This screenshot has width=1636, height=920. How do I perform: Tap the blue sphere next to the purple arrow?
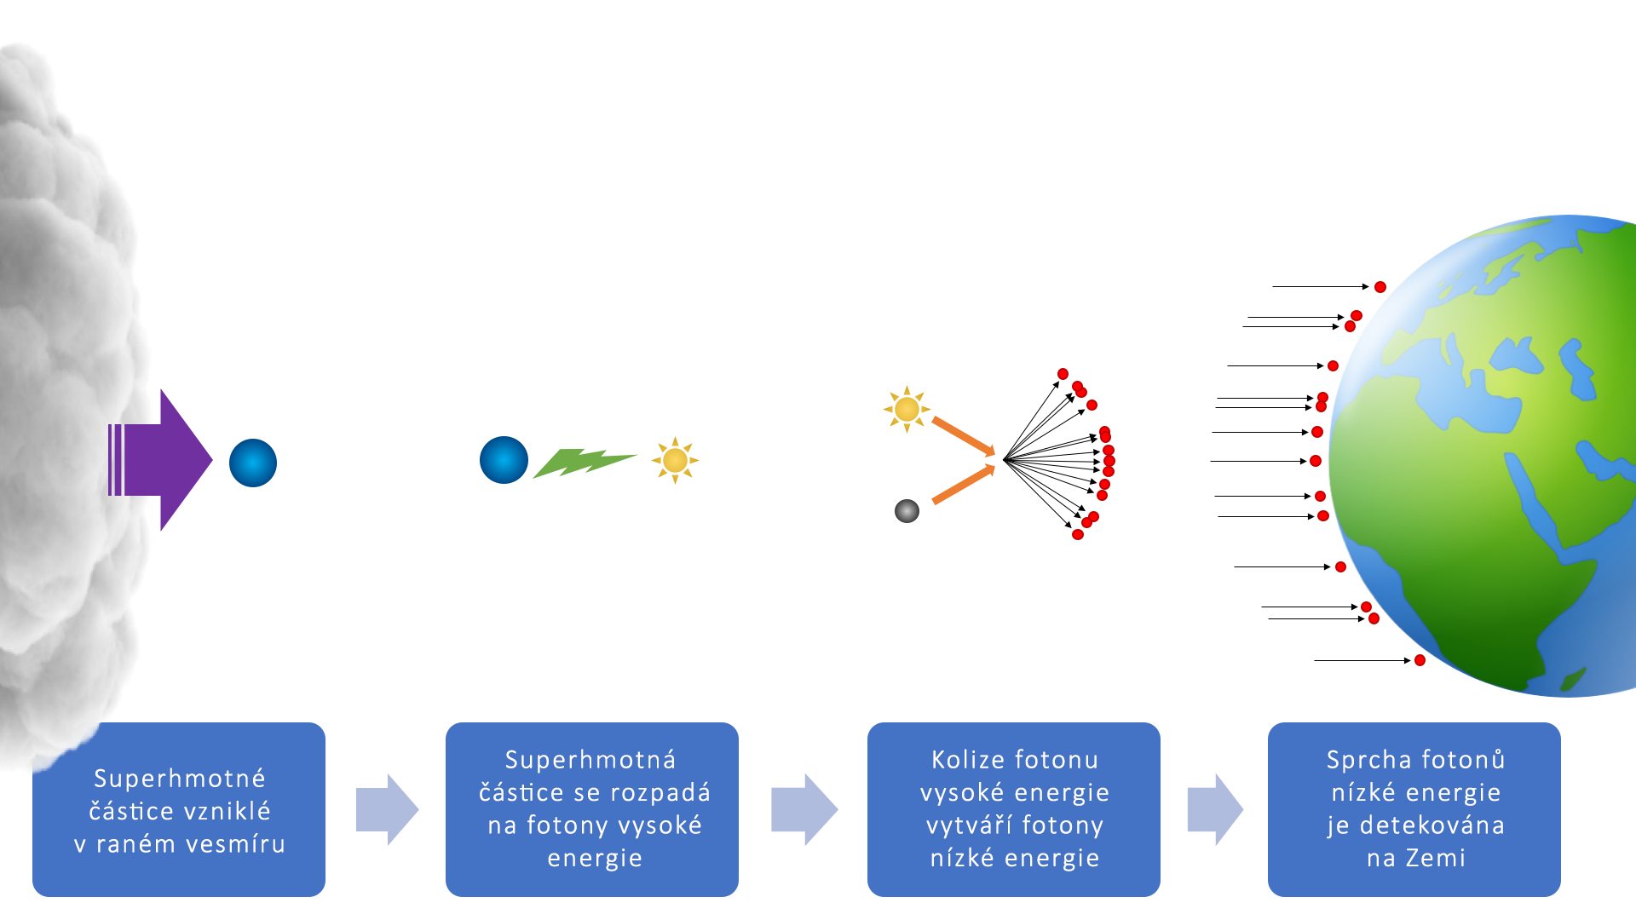[253, 463]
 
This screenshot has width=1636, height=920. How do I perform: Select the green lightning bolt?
[585, 462]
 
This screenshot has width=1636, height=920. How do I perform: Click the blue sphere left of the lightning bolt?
[504, 460]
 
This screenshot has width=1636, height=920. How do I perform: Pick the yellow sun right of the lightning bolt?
[675, 460]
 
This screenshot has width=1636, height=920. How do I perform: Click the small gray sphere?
[907, 511]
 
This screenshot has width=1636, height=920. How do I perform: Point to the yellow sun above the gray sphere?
[907, 410]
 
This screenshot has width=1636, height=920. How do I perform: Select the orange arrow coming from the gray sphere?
[964, 485]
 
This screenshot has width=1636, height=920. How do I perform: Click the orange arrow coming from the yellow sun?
[964, 436]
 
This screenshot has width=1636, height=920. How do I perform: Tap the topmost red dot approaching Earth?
[1380, 287]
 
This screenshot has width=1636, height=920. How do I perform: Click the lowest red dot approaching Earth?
[1420, 660]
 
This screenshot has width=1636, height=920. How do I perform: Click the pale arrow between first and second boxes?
[387, 809]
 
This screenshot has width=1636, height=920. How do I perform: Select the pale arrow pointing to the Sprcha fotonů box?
[1215, 809]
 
